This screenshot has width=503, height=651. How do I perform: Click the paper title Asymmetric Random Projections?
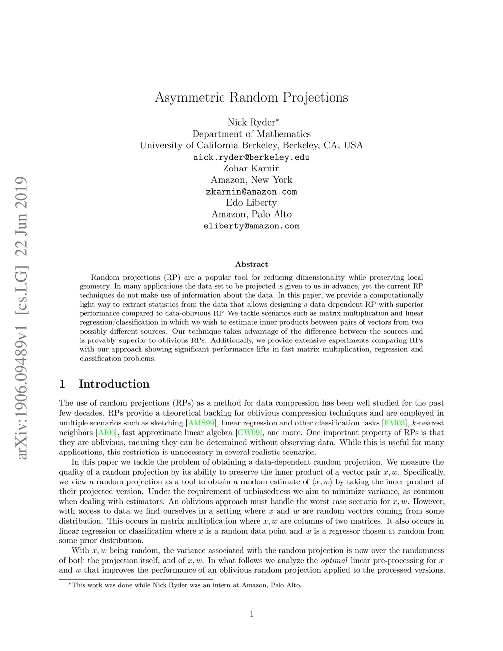251,97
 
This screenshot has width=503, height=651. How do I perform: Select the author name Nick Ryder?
250,122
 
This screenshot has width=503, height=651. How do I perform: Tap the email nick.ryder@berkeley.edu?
251,157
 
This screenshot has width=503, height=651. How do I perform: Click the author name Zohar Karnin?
251,169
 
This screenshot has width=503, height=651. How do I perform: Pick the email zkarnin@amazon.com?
251,192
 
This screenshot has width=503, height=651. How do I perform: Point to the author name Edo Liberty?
251,203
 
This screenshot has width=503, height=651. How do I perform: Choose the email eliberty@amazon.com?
251,226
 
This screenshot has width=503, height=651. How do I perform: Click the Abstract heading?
251,264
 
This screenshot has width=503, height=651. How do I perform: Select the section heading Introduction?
114,384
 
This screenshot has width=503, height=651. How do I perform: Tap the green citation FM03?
394,423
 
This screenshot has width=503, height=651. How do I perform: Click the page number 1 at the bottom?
251,614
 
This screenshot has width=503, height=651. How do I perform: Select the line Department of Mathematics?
251,134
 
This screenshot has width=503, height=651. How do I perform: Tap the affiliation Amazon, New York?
251,180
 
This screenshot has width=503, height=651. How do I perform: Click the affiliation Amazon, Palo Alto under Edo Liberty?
251,214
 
